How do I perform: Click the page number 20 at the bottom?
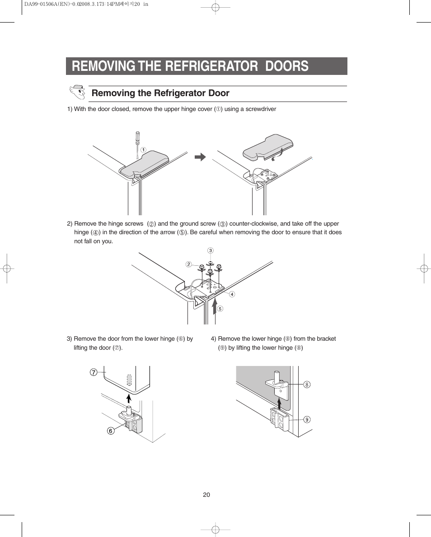click(x=206, y=495)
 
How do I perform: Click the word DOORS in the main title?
click(x=286, y=66)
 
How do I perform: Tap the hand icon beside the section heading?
click(x=77, y=92)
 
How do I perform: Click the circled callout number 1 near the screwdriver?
click(x=143, y=150)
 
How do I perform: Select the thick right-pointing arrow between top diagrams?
click(x=200, y=157)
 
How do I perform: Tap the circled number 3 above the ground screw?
click(x=210, y=250)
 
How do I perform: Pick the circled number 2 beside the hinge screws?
click(x=189, y=264)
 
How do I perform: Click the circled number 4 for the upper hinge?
click(x=232, y=294)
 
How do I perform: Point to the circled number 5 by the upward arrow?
click(x=220, y=309)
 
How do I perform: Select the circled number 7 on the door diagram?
click(x=93, y=372)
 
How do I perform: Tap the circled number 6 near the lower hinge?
click(x=110, y=431)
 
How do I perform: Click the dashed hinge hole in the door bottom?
click(x=129, y=380)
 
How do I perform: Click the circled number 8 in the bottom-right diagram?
click(x=307, y=384)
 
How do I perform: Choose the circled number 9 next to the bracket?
click(x=307, y=420)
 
